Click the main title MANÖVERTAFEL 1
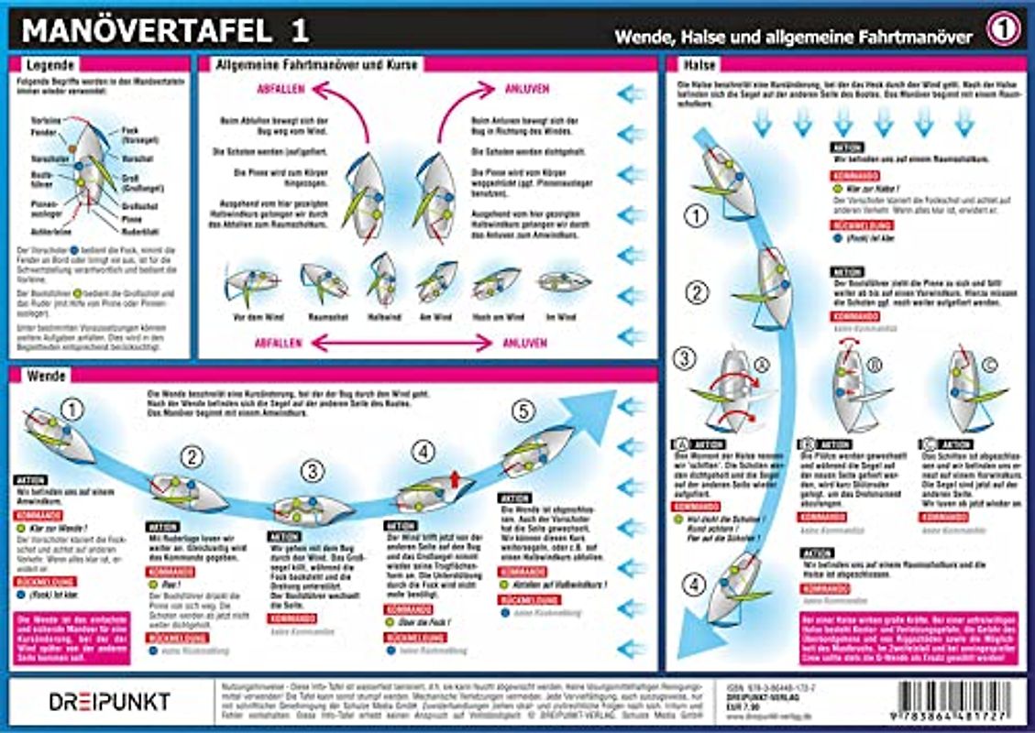[x=165, y=30]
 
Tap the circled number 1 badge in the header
[x=1003, y=30]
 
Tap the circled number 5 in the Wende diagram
[x=523, y=412]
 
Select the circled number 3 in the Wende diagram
[x=314, y=472]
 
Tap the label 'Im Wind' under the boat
[x=562, y=316]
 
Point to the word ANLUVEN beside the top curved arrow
[x=527, y=89]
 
